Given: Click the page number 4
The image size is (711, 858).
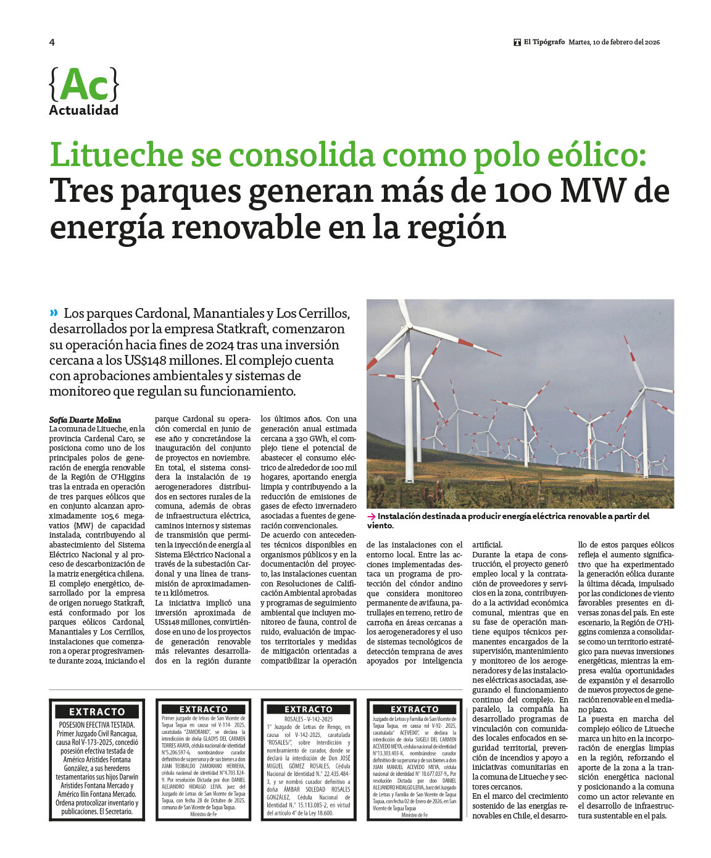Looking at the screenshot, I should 52,42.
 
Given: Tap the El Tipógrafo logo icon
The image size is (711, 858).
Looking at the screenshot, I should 517,42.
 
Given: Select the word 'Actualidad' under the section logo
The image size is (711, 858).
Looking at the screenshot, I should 83,110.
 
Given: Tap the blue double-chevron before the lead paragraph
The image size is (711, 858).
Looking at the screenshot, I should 54,313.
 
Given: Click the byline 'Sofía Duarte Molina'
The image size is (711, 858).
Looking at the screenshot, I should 85,420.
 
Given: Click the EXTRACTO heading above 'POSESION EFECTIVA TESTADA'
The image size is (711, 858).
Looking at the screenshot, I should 97,712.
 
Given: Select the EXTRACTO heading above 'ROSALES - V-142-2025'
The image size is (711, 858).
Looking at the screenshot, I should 308,709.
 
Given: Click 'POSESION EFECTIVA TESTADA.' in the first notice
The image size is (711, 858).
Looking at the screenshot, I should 97,725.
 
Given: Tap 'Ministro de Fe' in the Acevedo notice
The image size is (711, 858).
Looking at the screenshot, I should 414,815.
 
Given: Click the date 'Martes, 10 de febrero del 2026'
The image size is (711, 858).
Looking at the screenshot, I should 614,42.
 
